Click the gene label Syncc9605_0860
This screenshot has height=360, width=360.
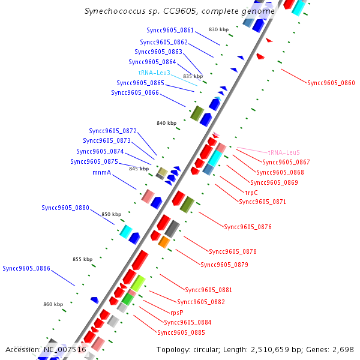[x=331, y=83]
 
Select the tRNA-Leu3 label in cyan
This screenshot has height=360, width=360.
[x=154, y=73]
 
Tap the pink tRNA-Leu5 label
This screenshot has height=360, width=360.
[x=283, y=152]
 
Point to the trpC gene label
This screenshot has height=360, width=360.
[x=251, y=193]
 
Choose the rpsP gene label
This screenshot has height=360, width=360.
[x=177, y=313]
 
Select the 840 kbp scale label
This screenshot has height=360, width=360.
[x=166, y=123]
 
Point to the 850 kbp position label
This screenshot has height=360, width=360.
[x=111, y=214]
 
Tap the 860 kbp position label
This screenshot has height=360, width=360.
[x=53, y=304]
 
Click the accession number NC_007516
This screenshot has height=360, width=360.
[x=65, y=349]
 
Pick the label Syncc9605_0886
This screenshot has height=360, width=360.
[x=26, y=268]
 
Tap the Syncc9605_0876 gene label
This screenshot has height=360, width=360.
[x=248, y=227]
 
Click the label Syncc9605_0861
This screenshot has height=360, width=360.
[x=170, y=30]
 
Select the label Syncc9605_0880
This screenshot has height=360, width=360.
[x=65, y=208]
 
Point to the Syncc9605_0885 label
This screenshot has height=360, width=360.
[x=181, y=332]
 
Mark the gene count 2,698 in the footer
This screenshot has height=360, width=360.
[x=342, y=349]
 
